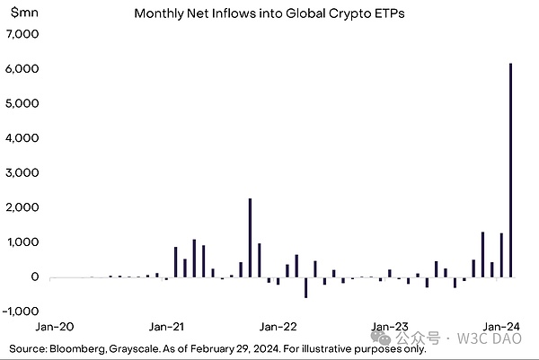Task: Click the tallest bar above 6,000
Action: [x=510, y=171]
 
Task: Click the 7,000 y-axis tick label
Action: [x=23, y=34]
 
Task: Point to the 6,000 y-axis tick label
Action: [x=23, y=69]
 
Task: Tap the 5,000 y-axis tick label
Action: [x=23, y=103]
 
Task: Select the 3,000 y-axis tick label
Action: [x=23, y=172]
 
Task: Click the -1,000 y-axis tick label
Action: [x=22, y=312]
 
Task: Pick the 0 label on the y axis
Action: [x=35, y=277]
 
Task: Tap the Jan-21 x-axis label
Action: [x=167, y=327]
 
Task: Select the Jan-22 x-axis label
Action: [x=278, y=327]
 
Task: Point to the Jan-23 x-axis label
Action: [x=390, y=327]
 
